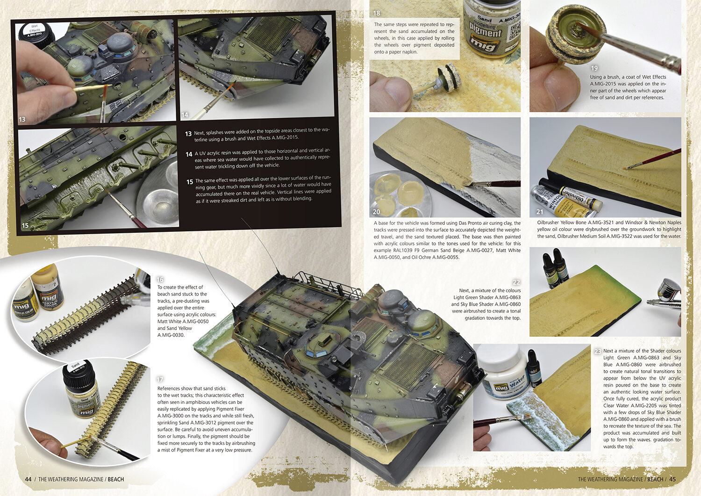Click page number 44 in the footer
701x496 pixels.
pyautogui.click(x=28, y=479)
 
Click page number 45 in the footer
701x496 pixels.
pyautogui.click(x=672, y=479)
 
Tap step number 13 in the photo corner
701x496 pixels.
pyautogui.click(x=22, y=119)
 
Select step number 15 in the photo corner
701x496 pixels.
pyautogui.click(x=25, y=225)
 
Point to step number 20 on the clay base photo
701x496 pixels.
pyautogui.click(x=377, y=212)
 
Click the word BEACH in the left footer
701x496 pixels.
pyautogui.click(x=116, y=479)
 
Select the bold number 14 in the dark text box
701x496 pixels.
pyautogui.click(x=189, y=154)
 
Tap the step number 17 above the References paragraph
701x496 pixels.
pyautogui.click(x=160, y=380)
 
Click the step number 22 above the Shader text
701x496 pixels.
pyautogui.click(x=516, y=282)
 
